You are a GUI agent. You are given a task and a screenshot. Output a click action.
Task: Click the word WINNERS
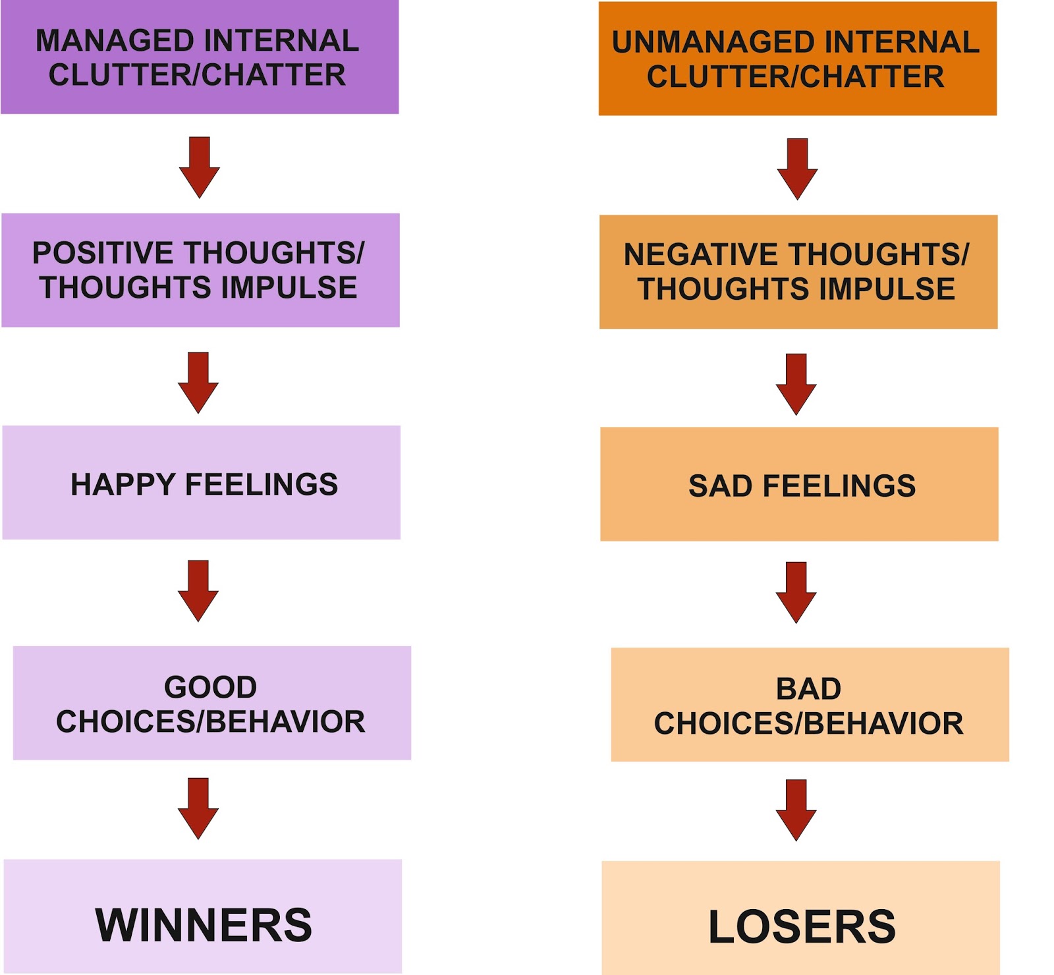pos(204,925)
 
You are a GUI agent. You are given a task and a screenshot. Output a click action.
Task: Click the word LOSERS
pos(802,927)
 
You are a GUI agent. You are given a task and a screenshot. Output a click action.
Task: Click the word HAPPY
pos(123,485)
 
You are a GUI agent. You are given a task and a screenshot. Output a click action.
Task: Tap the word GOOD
pos(211,687)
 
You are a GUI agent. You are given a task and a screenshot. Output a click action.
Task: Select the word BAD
pos(808,689)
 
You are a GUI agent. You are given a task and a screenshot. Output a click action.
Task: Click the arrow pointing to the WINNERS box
pos(198,808)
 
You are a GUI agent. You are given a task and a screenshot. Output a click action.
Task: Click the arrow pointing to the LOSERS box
pos(796,810)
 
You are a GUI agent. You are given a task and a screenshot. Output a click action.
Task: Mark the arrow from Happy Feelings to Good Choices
pos(198,591)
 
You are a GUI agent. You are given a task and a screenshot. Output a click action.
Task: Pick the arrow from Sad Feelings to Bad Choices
pos(796,592)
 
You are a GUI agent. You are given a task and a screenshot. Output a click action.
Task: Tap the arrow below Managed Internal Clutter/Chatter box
pos(200,167)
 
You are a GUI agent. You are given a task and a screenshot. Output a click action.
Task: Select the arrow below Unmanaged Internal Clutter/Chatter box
pos(797,169)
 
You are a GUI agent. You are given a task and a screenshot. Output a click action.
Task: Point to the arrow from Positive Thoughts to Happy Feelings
pos(198,383)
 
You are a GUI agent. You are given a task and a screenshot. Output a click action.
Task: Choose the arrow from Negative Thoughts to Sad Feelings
pos(796,384)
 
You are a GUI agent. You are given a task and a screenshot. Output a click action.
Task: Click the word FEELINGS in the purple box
pos(262,485)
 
